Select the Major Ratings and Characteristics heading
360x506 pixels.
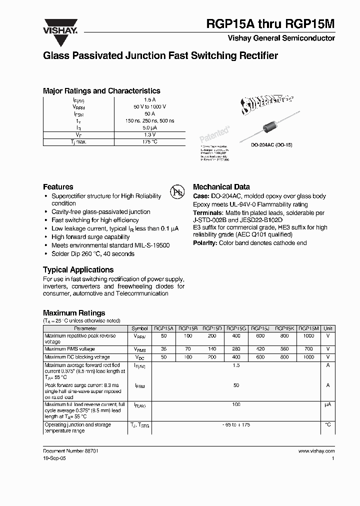pos(101,91)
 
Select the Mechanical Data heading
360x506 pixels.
pos(221,187)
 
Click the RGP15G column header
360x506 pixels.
pos(236,328)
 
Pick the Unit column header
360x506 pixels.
pos(328,328)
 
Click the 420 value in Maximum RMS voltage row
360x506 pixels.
pos(260,348)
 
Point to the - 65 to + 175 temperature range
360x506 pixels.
pos(236,424)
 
